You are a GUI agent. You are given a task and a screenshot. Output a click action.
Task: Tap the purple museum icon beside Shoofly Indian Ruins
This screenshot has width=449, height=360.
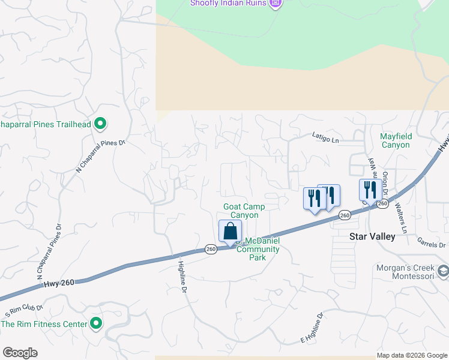pos(276,3)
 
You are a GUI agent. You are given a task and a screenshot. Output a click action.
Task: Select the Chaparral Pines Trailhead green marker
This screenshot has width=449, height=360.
pos(101,125)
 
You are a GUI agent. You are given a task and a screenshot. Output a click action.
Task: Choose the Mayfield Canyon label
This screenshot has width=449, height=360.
pos(395,140)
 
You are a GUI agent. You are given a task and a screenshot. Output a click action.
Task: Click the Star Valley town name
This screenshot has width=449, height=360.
pos(372,236)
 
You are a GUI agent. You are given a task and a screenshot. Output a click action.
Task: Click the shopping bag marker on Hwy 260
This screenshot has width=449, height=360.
pos(231,231)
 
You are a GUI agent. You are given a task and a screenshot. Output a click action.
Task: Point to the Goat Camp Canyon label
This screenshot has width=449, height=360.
pos(244,211)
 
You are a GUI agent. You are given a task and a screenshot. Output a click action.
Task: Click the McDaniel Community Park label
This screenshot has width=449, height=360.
pos(259,245)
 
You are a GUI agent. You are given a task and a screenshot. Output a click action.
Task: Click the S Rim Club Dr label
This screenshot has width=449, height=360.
pos(24,311)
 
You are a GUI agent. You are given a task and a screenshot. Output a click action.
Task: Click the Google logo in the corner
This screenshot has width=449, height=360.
pos(20,353)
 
